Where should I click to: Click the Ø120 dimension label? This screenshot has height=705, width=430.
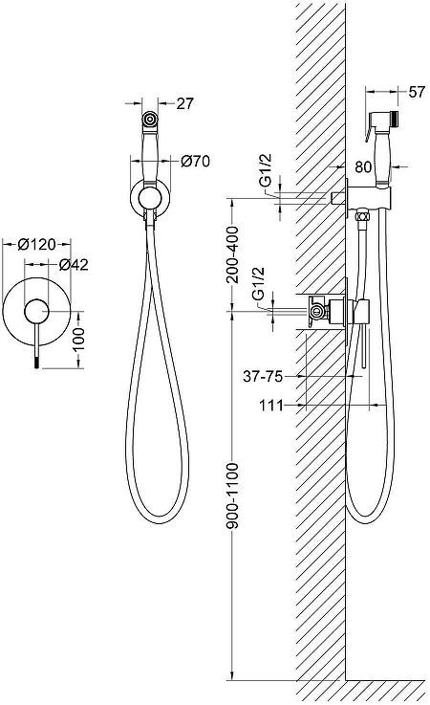37,245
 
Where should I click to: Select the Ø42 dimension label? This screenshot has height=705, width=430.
74,265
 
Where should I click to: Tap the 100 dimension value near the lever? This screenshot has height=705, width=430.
78,339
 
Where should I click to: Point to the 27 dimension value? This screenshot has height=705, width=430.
184,104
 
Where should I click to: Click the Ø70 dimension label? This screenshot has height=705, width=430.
196,161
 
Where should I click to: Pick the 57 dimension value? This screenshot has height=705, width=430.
417,92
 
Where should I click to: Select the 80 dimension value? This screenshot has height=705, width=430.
363,166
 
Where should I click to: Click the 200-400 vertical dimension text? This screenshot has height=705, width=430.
233,255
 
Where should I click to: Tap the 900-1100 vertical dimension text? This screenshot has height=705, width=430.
233,495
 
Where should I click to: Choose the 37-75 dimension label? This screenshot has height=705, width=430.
263,376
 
